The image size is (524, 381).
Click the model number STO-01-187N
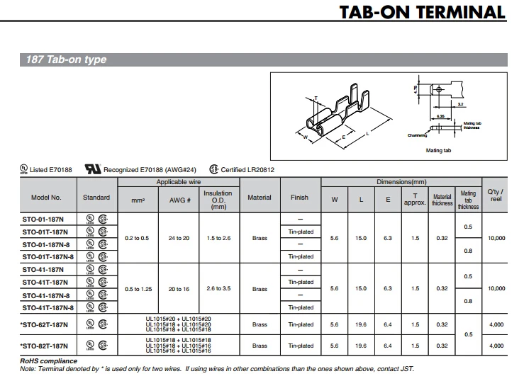45,219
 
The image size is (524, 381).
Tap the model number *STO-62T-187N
45,325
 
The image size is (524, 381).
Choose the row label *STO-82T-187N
45,346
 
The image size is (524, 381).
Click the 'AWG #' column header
178,198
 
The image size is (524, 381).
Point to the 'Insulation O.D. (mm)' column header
218,199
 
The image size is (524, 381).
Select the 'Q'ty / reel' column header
496,195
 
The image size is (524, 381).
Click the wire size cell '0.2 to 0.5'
137,238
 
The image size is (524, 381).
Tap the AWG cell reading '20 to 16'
178,289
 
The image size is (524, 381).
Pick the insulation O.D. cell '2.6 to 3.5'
218,289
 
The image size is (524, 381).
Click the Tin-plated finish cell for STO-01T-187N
301,232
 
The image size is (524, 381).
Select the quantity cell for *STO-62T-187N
496,325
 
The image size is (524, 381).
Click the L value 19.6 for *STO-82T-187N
361,346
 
